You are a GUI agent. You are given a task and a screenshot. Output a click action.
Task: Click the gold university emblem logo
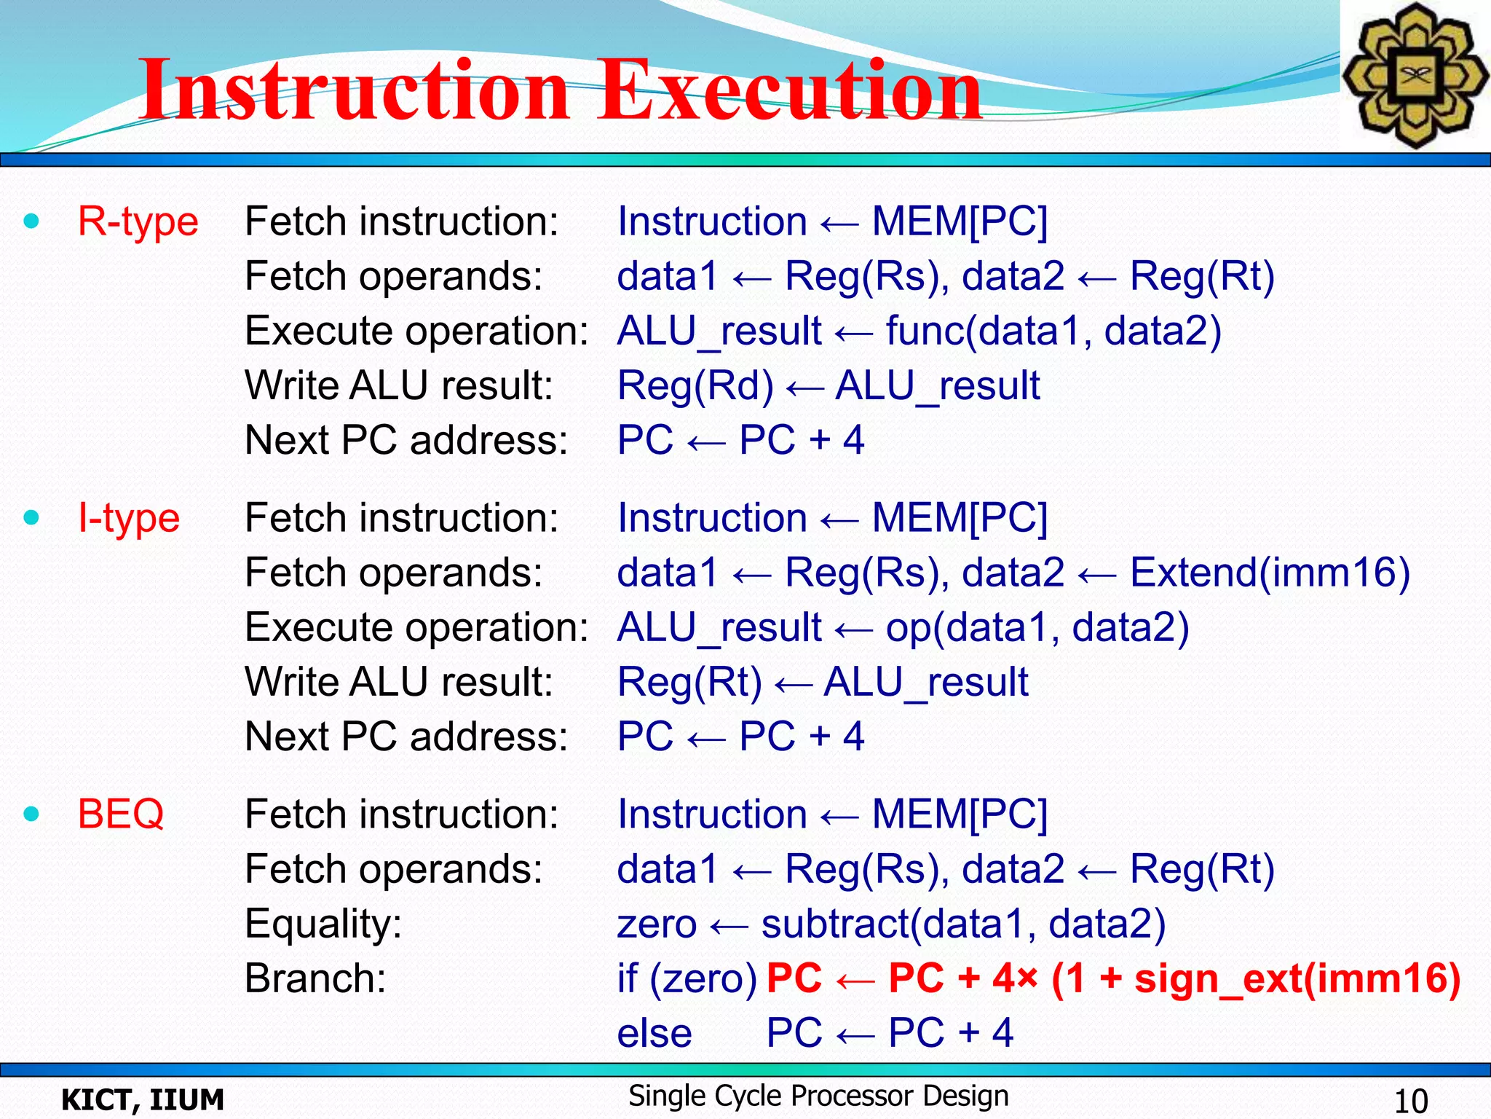coord(1415,75)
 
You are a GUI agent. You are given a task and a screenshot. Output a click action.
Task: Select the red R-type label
coord(138,221)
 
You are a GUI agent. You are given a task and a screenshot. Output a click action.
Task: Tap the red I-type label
coord(128,518)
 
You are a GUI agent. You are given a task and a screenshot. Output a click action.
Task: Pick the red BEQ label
coord(121,814)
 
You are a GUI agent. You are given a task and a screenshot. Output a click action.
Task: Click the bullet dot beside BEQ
coord(31,814)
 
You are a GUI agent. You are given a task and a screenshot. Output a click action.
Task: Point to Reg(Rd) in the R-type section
coord(695,385)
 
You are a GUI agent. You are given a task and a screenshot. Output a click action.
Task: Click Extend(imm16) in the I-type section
coord(1270,573)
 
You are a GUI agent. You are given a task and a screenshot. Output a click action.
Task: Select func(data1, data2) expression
coord(1053,331)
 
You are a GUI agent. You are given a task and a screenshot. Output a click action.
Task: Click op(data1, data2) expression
coord(1037,627)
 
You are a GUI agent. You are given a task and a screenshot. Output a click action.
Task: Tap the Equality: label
coord(323,924)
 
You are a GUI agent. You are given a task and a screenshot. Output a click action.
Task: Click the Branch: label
coord(315,978)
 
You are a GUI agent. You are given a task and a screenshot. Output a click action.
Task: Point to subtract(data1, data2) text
coord(962,924)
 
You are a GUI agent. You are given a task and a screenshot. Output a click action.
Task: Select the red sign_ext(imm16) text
coord(1297,978)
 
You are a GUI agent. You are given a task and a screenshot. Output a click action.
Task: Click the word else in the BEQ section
coord(654,1033)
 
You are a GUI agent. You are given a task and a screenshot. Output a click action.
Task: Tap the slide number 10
coord(1410,1100)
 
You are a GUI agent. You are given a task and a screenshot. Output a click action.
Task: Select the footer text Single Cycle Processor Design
coord(818,1096)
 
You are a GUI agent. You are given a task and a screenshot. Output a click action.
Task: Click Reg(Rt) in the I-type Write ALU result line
coord(689,682)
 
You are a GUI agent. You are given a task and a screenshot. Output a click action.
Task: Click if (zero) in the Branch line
coord(687,978)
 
